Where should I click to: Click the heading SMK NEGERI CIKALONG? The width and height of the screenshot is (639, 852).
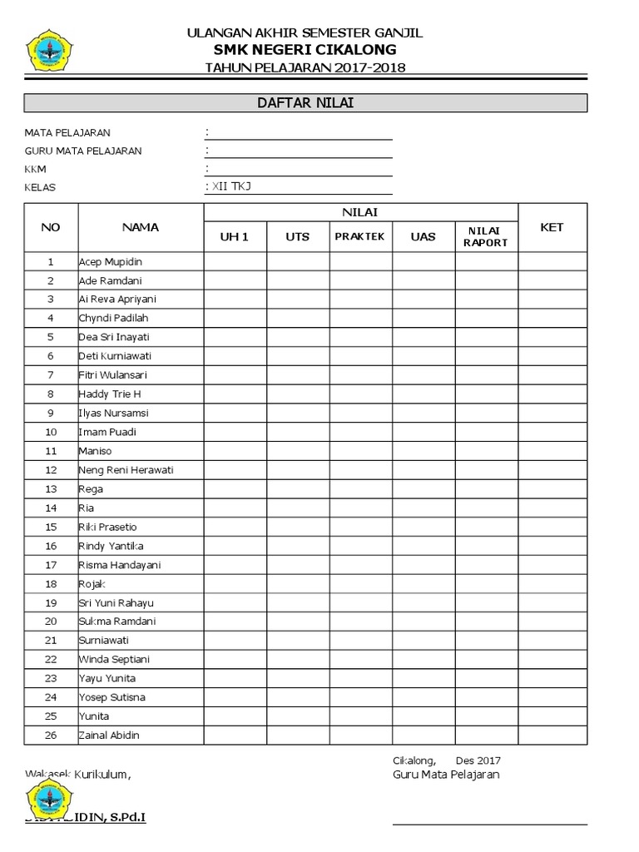click(x=305, y=50)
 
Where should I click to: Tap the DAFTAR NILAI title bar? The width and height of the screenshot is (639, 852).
click(x=305, y=103)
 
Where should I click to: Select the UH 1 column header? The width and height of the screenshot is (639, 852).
click(x=235, y=236)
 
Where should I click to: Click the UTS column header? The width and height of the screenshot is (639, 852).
click(x=297, y=236)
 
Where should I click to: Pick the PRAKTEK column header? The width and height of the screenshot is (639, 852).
click(x=359, y=236)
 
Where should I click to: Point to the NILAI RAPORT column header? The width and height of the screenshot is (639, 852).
click(x=486, y=237)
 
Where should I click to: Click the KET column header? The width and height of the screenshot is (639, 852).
click(x=552, y=227)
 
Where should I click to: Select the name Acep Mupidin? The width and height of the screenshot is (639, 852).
click(x=111, y=261)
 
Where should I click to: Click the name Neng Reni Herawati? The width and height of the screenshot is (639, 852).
click(x=126, y=470)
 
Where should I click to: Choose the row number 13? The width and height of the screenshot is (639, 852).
click(x=51, y=489)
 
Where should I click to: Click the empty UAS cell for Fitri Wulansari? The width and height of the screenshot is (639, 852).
click(x=423, y=375)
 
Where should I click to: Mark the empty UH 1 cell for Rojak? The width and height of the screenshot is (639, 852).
click(x=235, y=584)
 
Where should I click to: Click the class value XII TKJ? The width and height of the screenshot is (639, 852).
click(x=230, y=187)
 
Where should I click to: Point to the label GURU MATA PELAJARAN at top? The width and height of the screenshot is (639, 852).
click(x=83, y=151)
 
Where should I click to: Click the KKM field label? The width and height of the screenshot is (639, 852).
click(x=36, y=169)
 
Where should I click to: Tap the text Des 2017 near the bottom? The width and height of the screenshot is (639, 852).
click(x=478, y=760)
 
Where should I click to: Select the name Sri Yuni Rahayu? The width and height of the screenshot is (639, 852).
click(x=116, y=603)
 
